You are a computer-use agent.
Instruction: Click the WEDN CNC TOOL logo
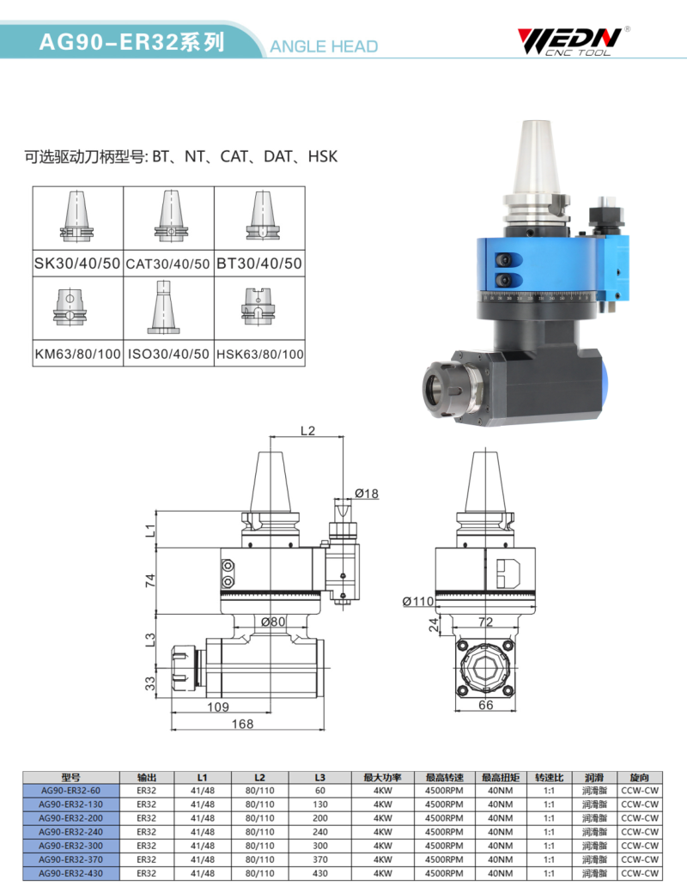[572, 41]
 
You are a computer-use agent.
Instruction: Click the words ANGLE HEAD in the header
[324, 46]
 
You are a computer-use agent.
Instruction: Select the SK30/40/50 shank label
[77, 264]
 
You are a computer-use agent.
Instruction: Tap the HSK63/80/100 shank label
[260, 355]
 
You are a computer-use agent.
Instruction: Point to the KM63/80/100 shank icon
[70, 306]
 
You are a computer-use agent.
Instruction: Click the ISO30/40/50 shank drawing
[164, 308]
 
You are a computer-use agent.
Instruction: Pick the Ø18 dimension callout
[367, 494]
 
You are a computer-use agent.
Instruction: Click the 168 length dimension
[242, 724]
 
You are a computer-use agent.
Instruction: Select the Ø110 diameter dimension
[418, 601]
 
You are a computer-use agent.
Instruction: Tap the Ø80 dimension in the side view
[273, 622]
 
